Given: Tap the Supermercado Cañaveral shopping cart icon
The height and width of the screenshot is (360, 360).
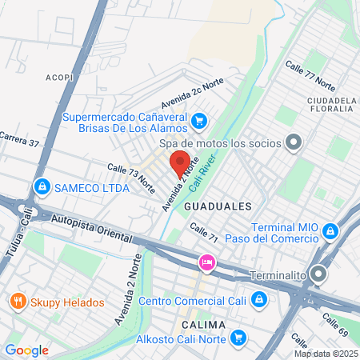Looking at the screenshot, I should (x=200, y=122).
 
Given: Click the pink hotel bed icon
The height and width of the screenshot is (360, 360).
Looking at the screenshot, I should (x=206, y=262).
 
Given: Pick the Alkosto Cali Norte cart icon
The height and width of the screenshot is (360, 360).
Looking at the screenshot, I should (x=238, y=338).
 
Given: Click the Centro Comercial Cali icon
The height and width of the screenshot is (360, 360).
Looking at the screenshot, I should (x=258, y=301).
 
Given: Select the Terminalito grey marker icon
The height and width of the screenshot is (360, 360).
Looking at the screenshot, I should (x=319, y=274).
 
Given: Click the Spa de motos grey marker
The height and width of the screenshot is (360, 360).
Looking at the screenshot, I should (x=294, y=143).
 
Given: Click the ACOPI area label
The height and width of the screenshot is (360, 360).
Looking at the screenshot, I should (x=59, y=78).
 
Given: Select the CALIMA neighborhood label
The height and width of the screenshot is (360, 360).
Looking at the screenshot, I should (x=204, y=324).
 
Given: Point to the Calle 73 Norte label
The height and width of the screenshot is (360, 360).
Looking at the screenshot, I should (x=131, y=177).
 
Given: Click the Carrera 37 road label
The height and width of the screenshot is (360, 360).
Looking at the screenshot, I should (x=19, y=140).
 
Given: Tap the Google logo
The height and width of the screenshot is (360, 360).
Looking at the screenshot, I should (x=26, y=350).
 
